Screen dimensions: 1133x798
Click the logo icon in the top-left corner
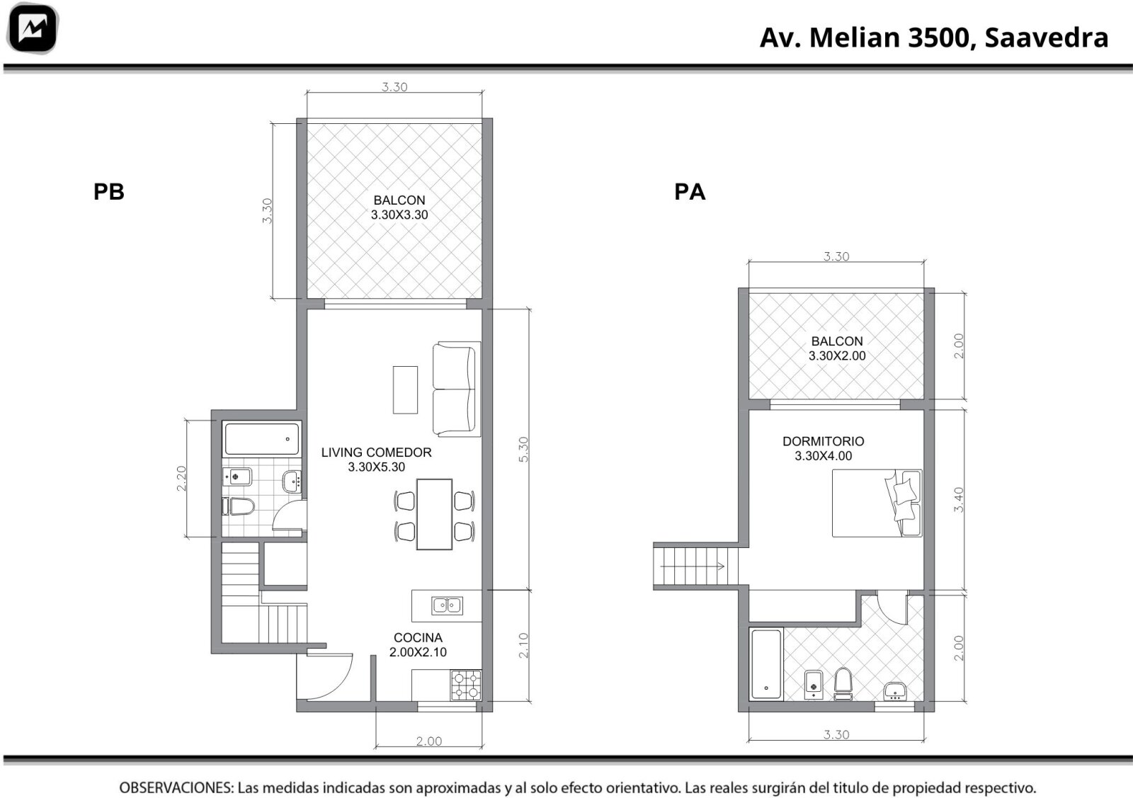[x=33, y=28]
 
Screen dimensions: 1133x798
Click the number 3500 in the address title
[x=939, y=38]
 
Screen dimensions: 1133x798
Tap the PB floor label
[x=109, y=192]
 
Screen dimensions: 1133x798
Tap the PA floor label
[x=690, y=192]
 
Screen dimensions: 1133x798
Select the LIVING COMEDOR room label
[x=376, y=452]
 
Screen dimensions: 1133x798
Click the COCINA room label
[x=418, y=638]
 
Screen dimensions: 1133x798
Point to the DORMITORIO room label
[x=824, y=441]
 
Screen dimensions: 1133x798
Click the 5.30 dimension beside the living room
[x=523, y=449]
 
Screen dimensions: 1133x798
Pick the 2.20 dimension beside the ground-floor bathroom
[x=181, y=479]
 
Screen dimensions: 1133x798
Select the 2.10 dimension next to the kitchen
[x=523, y=645]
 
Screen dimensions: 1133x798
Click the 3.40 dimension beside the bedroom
[x=959, y=500]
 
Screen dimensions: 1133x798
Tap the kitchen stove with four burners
[x=466, y=685]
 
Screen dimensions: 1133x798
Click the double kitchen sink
[x=447, y=605]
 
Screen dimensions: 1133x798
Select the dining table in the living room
[x=434, y=514]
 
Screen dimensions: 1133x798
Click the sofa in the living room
[x=456, y=389]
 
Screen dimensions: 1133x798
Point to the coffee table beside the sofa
[x=405, y=390]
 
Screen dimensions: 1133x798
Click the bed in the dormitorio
[x=877, y=503]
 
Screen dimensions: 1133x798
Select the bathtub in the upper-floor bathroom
[x=766, y=664]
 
